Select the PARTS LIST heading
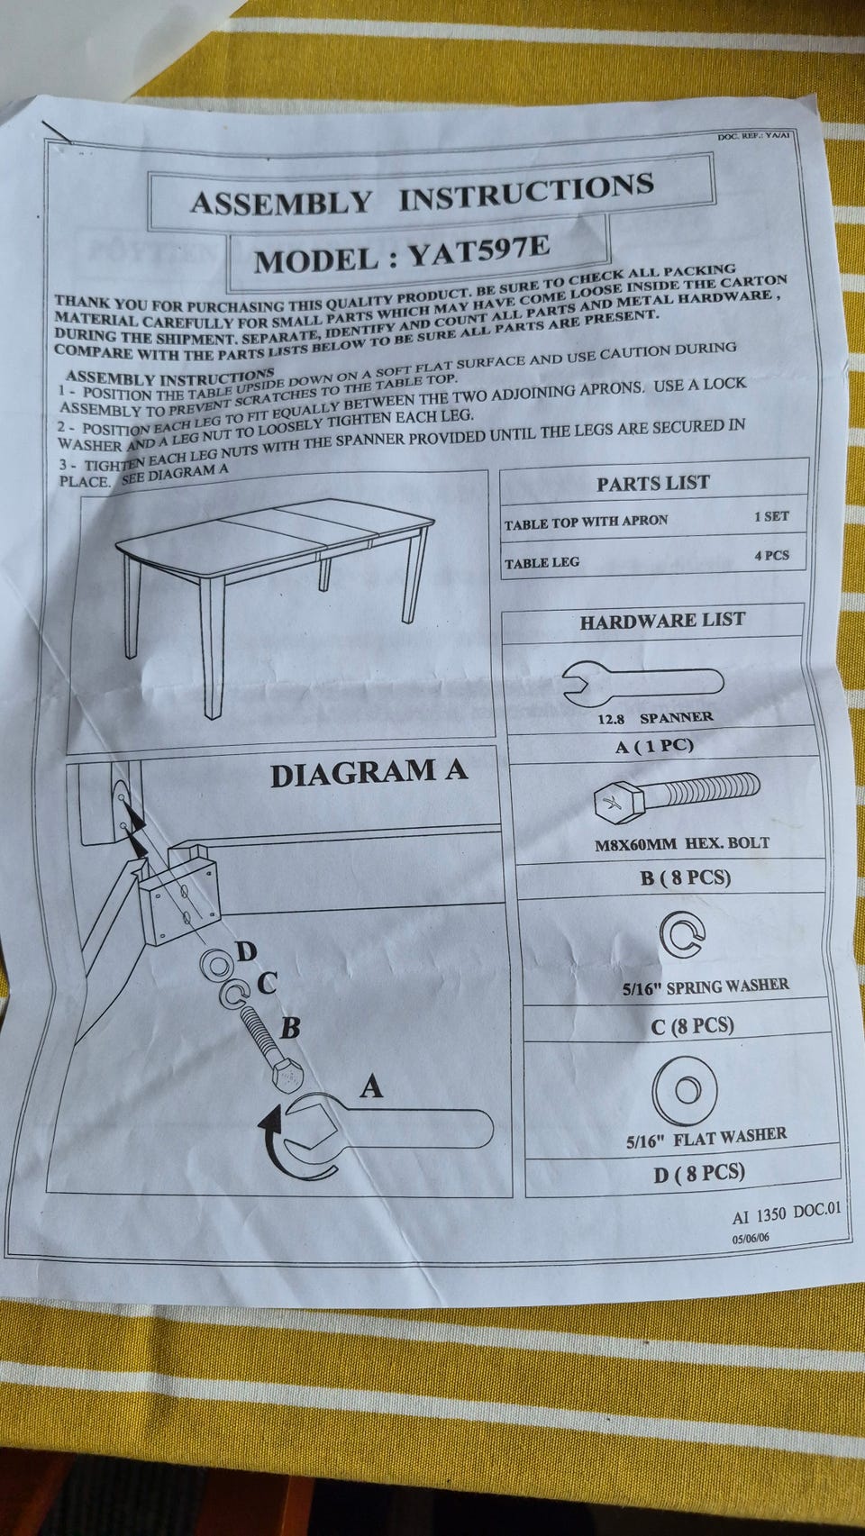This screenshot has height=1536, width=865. click(x=652, y=484)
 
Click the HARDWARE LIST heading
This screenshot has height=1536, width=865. click(x=662, y=621)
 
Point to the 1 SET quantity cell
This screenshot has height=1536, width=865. click(x=771, y=517)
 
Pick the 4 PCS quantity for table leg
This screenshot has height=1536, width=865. click(x=771, y=556)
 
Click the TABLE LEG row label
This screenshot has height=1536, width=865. click(x=542, y=563)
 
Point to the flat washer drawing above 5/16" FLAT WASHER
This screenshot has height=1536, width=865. click(x=687, y=1091)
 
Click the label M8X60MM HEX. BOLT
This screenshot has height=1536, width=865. click(x=682, y=844)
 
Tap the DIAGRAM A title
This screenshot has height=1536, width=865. click(x=369, y=773)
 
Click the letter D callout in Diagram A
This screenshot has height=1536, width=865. click(x=245, y=951)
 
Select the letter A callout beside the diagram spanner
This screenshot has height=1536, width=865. click(x=371, y=1087)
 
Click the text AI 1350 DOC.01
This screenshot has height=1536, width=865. click(x=786, y=1213)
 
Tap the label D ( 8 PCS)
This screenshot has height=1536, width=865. click(x=699, y=1173)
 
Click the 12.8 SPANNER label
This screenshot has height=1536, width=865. click(x=654, y=718)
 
